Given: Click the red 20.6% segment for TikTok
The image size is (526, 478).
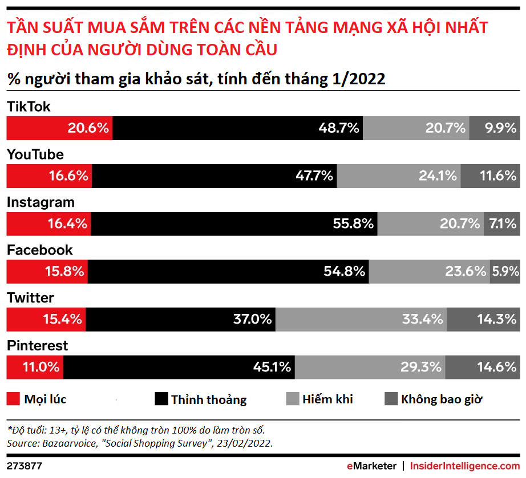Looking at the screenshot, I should (x=59, y=128).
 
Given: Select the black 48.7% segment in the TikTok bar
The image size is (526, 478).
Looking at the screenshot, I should (x=237, y=128).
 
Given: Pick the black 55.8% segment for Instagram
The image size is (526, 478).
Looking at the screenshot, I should (x=234, y=224).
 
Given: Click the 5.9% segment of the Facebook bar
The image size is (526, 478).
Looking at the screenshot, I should (x=504, y=272).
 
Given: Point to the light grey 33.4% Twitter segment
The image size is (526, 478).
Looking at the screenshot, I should (x=361, y=319).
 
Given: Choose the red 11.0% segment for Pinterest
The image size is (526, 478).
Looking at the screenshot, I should (x=35, y=367).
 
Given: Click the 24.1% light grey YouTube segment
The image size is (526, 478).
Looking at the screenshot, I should (x=399, y=176).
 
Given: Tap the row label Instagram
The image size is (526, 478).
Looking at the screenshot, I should (x=41, y=202).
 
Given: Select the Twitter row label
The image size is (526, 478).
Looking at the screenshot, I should (x=30, y=298).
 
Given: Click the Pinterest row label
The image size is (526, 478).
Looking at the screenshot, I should (x=37, y=346).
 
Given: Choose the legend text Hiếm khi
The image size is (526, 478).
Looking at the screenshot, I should (x=327, y=399).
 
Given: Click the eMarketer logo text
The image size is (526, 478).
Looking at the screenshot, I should (x=371, y=466).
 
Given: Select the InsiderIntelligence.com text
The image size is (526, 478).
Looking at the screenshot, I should (x=465, y=466).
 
